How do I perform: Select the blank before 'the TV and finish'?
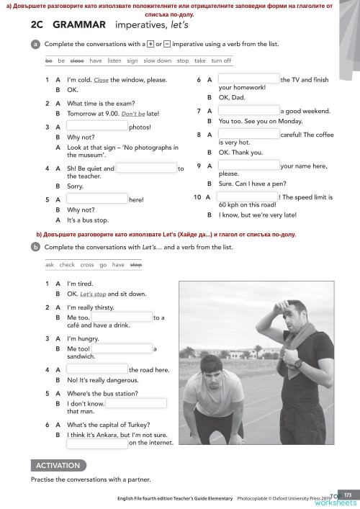pyautogui.click(x=248, y=80)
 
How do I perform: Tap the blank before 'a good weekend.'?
pyautogui.click(x=248, y=111)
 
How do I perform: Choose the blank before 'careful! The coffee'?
pyautogui.click(x=248, y=135)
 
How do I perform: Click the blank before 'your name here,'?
pyautogui.click(x=248, y=166)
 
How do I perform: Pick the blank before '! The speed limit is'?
pyautogui.click(x=246, y=197)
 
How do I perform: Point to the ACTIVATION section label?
pyautogui.click(x=59, y=465)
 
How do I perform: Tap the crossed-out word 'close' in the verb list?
pyautogui.click(x=77, y=61)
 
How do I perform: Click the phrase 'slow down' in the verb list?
pyautogui.click(x=157, y=61)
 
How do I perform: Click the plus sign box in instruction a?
pyautogui.click(x=149, y=44)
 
